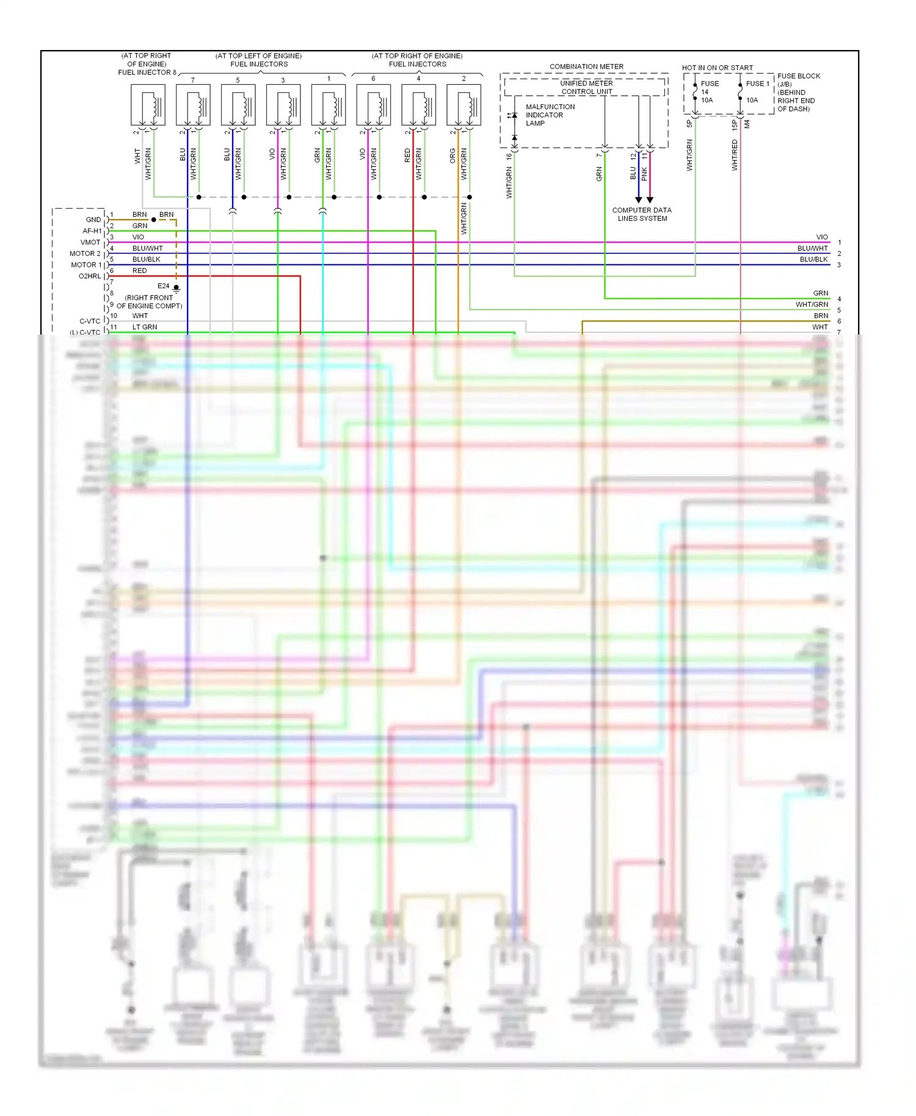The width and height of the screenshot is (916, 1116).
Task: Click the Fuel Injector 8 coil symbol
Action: tap(148, 105)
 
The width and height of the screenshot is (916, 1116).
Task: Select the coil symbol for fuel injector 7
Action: tap(193, 105)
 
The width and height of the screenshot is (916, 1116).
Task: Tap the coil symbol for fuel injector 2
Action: tap(463, 105)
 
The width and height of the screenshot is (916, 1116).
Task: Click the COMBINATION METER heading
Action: tap(586, 67)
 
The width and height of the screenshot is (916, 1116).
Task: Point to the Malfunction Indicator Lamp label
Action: tap(550, 115)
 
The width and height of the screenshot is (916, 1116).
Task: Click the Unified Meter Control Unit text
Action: tap(586, 87)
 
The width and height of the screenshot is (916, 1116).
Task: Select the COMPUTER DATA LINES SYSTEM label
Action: tap(642, 214)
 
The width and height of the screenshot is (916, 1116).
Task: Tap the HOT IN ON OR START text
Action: tap(717, 68)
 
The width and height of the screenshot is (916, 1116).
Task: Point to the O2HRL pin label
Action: tap(89, 277)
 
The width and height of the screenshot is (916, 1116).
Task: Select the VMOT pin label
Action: tap(90, 242)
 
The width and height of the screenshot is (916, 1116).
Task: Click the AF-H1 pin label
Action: tap(92, 231)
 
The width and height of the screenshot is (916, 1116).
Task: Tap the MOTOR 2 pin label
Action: tap(85, 253)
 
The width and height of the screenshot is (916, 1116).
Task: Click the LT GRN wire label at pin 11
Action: tap(145, 327)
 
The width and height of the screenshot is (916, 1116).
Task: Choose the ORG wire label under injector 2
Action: tap(453, 156)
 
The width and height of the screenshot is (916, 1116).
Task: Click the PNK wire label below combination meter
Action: tap(644, 174)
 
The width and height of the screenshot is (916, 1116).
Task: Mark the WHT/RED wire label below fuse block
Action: tap(735, 155)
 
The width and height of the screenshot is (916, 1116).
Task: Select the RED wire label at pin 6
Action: tap(139, 270)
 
